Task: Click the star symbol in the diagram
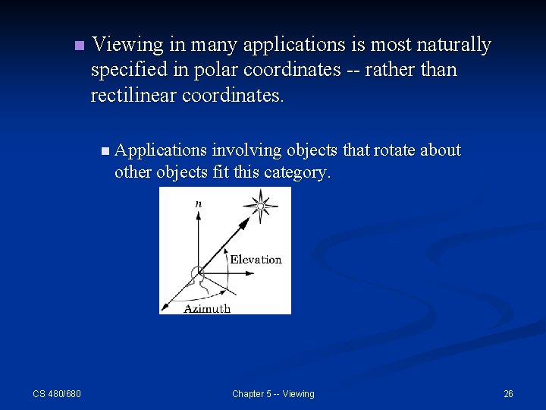(x=261, y=206)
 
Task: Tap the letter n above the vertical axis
(x=198, y=203)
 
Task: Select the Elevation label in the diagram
(x=256, y=260)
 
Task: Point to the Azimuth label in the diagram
(x=207, y=308)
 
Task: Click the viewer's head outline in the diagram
(x=198, y=275)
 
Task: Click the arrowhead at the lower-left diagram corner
(x=165, y=304)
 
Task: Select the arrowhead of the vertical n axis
(x=198, y=215)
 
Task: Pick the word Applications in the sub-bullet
(x=161, y=150)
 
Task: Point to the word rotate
(x=394, y=150)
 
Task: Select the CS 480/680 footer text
(x=57, y=393)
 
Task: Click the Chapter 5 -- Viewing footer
(x=273, y=393)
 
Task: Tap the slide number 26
(x=508, y=393)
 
